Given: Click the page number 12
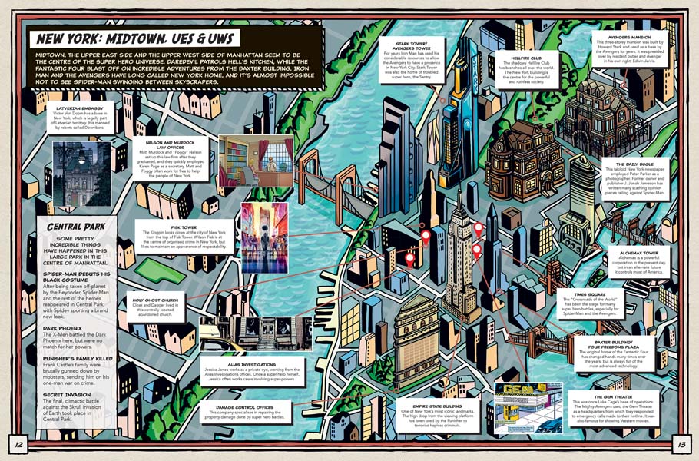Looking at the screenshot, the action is coord(18,443).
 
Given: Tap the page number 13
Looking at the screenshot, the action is coord(681,443).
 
